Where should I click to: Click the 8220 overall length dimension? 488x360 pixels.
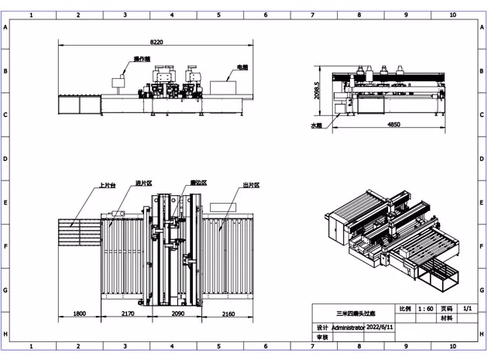coord(156,42)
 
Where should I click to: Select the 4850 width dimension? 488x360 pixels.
coord(393,124)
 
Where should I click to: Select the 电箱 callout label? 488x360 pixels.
coord(242,67)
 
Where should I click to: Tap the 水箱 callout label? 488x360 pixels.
coord(315,125)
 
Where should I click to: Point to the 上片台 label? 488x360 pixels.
coord(107,186)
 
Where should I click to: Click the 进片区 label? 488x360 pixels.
coord(143,183)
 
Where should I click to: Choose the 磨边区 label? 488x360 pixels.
coord(198,183)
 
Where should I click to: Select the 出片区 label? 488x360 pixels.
coord(250,186)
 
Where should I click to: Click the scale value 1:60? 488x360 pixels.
coord(425,308)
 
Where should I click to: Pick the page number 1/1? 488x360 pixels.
coord(466,308)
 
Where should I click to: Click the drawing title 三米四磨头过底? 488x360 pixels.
coord(353,314)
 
